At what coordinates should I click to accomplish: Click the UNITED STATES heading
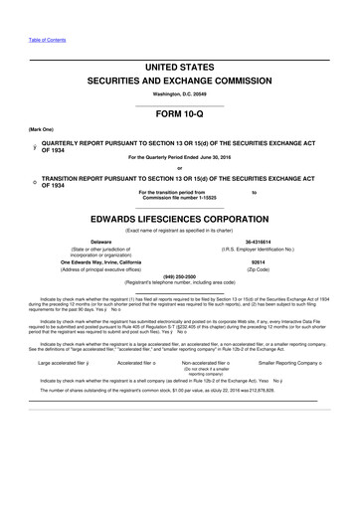(179, 66)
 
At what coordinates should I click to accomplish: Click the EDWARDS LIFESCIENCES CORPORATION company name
(179, 216)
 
